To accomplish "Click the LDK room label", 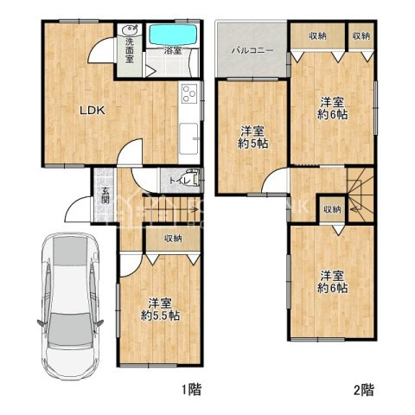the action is tap(93, 111).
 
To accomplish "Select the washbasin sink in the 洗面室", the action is tap(130, 29).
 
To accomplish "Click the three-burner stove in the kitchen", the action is tap(189, 93).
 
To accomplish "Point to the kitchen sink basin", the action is tap(188, 138).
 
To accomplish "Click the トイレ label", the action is tap(180, 182).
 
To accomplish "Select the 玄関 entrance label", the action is tap(105, 195).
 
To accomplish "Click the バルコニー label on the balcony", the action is tap(252, 51).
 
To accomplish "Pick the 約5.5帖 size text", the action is tap(160, 316).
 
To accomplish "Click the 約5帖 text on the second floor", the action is tap(252, 144).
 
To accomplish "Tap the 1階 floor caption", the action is tap(192, 390).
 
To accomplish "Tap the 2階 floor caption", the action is tap(364, 390).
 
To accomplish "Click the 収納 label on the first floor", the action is tap(173, 239).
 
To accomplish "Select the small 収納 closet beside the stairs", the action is tap(332, 209).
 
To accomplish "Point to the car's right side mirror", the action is tap(99, 322).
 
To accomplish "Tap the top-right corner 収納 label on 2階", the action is tap(361, 36).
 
